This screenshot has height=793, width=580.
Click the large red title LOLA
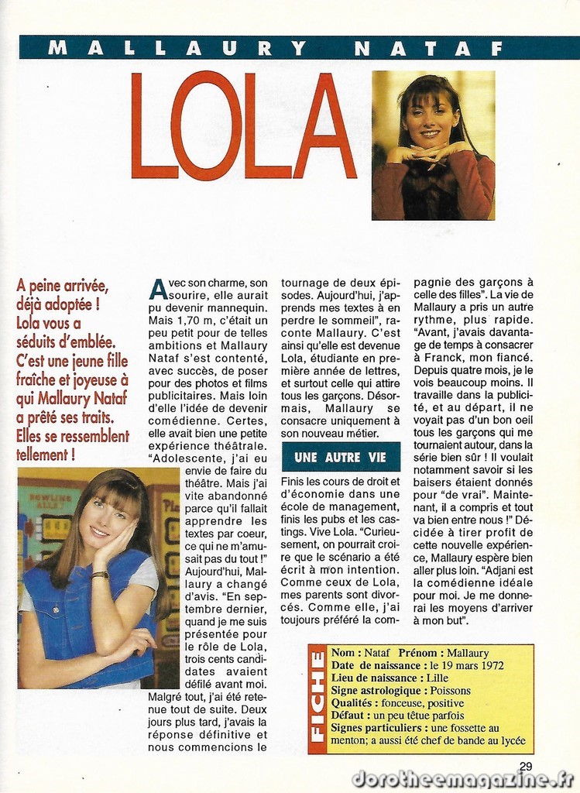coord(243,125)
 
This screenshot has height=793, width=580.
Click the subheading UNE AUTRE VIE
coord(340,457)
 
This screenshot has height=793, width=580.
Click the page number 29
coord(526,766)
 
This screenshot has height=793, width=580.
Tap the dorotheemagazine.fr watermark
coord(462,779)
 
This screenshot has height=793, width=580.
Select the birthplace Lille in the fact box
coord(438,678)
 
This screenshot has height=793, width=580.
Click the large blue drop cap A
coord(158,290)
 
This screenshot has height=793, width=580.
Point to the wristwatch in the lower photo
coord(100,575)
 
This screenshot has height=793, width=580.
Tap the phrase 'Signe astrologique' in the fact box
coord(376,690)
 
